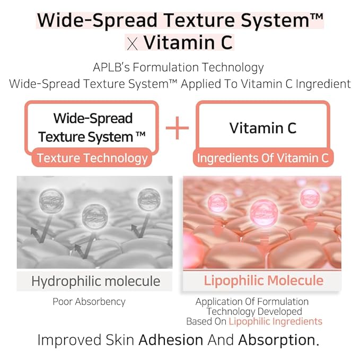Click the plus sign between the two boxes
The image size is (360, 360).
pyautogui.click(x=177, y=128)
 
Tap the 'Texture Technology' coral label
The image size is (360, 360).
pyautogui.click(x=92, y=158)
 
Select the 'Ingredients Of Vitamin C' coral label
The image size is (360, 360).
pyautogui.click(x=262, y=158)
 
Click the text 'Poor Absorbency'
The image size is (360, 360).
pyautogui.click(x=89, y=302)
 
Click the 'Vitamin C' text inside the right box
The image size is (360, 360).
pyautogui.click(x=263, y=128)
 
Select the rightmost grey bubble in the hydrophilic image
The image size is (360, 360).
pyautogui.click(x=148, y=198)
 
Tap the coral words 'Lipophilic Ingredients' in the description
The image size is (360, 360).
pyautogui.click(x=275, y=321)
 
